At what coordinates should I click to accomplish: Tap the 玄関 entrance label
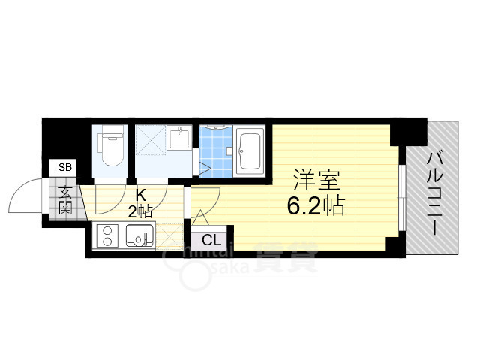coord(65,199)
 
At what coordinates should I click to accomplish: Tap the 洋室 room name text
coord(316,180)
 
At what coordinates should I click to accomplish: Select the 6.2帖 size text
coord(316,205)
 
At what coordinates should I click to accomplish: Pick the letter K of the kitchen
coord(140,196)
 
